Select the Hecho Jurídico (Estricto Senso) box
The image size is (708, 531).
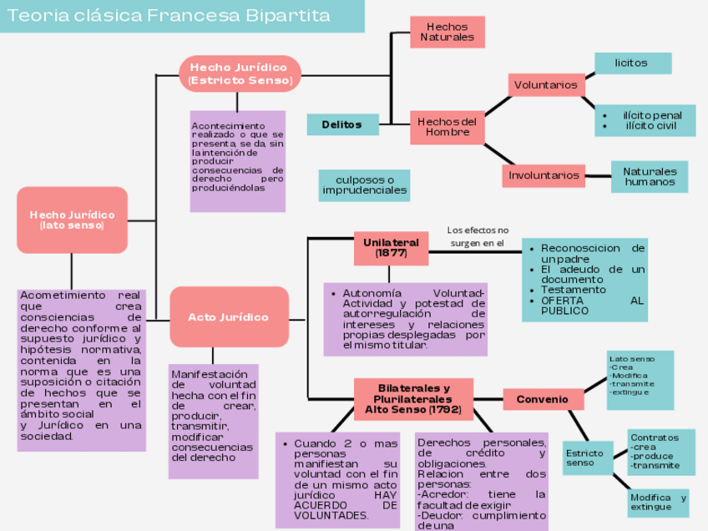click(x=240, y=73)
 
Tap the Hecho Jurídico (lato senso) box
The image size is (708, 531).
click(x=72, y=220)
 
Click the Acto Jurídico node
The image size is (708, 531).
click(x=229, y=317)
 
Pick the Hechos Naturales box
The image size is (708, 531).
click(x=447, y=32)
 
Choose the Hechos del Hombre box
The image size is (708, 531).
click(x=447, y=127)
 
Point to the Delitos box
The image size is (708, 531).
click(x=342, y=124)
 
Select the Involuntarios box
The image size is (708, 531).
click(x=544, y=175)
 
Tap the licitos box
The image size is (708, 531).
click(x=632, y=63)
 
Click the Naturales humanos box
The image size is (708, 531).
click(x=650, y=176)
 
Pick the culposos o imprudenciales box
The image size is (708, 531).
click(x=365, y=185)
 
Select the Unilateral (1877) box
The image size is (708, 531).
click(x=391, y=247)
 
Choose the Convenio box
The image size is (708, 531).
click(x=543, y=399)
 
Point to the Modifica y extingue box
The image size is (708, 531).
click(x=658, y=502)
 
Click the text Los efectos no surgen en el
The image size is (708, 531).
click(x=478, y=236)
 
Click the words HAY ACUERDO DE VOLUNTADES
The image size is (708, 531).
click(x=345, y=505)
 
